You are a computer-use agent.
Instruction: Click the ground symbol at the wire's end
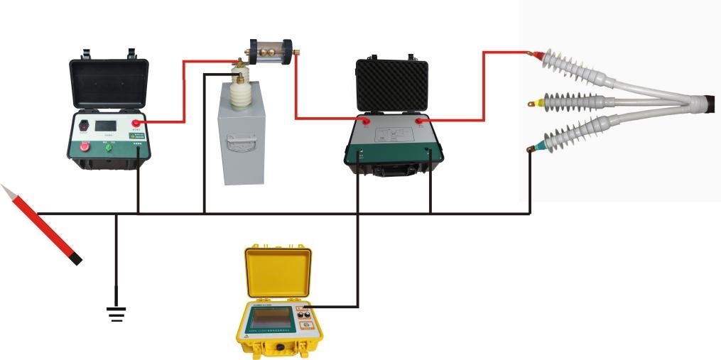(116, 313)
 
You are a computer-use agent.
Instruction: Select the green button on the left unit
(107, 147)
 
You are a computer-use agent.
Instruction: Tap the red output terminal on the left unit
(136, 124)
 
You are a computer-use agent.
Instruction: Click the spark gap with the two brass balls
(270, 53)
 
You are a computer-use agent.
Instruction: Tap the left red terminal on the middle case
(368, 123)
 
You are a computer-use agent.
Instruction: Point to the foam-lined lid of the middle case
(391, 84)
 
